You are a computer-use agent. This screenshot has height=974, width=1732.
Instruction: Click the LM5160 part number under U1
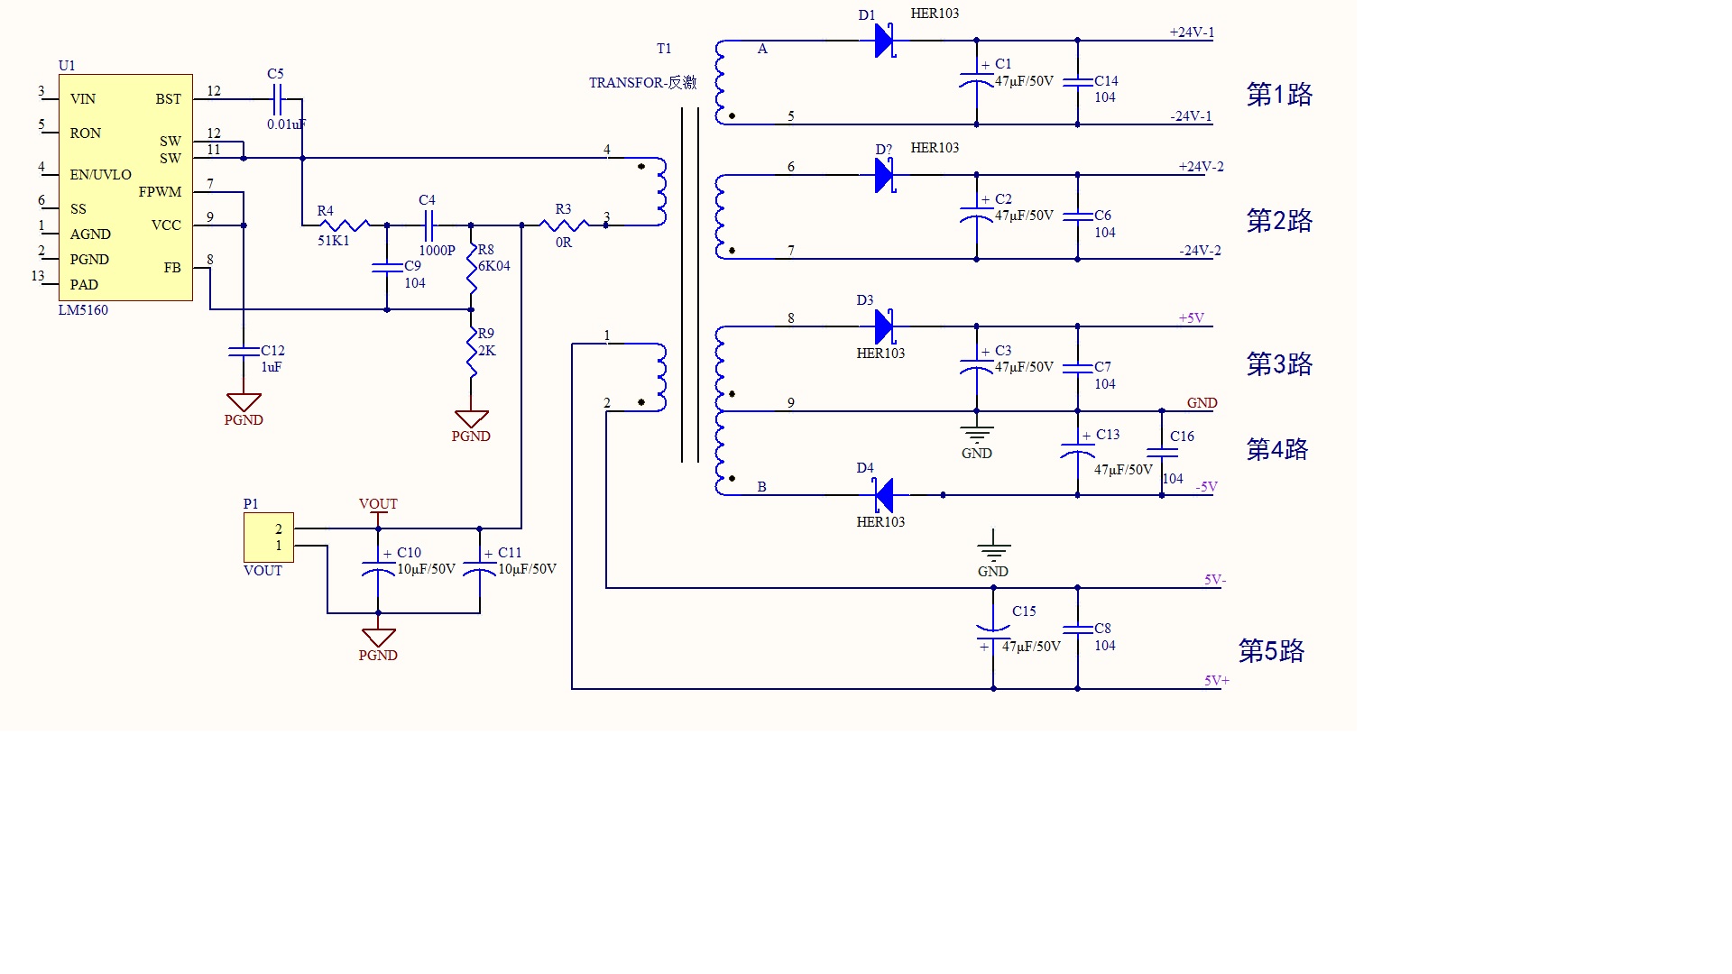[83, 310]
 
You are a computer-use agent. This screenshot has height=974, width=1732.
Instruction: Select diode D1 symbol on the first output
[884, 41]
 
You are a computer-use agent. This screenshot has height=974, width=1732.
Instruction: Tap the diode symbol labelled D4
[884, 495]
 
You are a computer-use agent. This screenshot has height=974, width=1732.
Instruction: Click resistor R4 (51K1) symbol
[344, 225]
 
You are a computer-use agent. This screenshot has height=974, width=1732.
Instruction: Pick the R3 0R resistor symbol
[564, 225]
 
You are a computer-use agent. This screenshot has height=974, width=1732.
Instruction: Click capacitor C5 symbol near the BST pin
[277, 98]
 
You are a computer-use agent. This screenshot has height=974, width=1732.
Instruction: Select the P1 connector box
[269, 538]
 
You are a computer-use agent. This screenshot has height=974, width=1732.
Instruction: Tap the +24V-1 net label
[1192, 32]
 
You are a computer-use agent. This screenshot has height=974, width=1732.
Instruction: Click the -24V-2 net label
[1200, 251]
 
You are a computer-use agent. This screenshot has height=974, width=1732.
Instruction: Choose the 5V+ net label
[1216, 681]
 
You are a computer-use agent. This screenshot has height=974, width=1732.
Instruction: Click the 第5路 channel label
[1271, 651]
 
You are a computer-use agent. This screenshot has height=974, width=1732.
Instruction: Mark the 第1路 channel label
[1279, 95]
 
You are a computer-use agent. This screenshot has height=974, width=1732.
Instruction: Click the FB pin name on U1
[172, 268]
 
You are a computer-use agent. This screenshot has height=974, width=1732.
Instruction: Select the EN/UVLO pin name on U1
[100, 175]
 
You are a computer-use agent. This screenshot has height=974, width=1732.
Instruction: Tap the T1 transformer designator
[664, 49]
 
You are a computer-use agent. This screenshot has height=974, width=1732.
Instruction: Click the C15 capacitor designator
[1024, 611]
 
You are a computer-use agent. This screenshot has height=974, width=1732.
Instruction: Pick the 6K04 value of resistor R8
[494, 266]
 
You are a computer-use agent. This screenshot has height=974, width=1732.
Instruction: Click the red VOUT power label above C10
[378, 504]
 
